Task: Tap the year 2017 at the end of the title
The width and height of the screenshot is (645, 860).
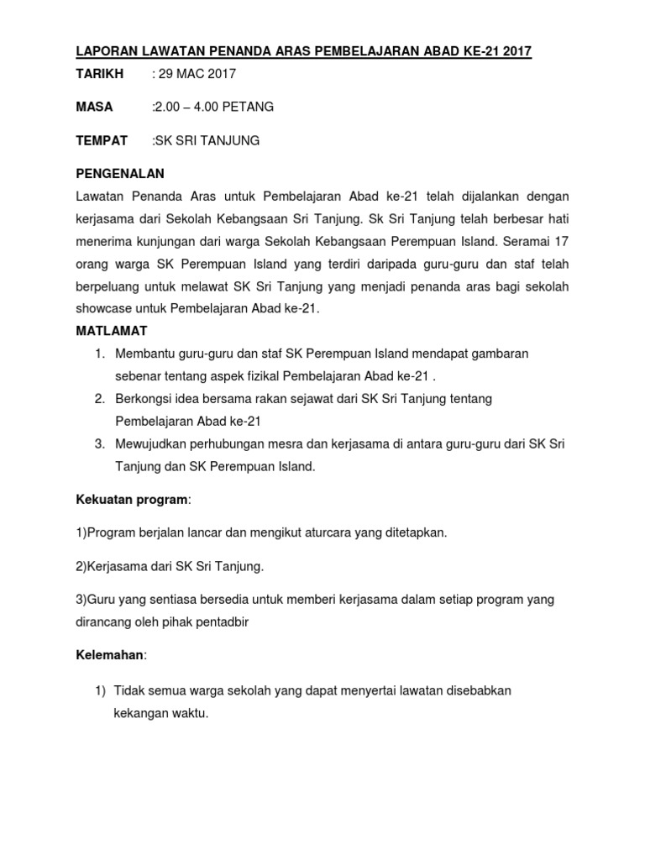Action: (516, 52)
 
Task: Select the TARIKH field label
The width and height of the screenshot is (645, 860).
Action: (99, 74)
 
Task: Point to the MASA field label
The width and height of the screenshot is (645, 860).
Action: (94, 107)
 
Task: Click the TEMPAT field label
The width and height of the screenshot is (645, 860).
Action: (102, 140)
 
